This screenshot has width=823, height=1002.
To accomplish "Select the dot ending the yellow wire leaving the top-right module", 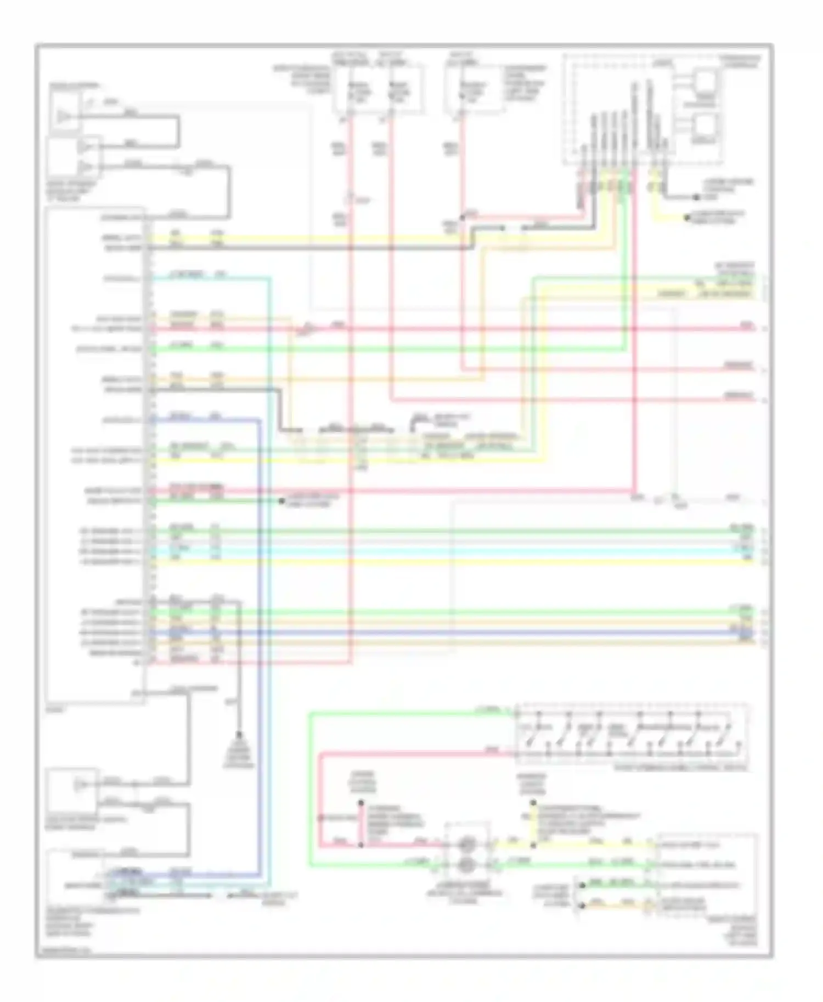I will point(686,218).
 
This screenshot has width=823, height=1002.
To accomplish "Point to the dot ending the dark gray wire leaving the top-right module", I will point(696,197).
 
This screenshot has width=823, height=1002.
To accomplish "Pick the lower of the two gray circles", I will point(467,866).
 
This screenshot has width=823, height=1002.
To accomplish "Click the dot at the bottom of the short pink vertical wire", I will point(361,845).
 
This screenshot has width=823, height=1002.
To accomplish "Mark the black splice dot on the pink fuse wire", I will point(463,218).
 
